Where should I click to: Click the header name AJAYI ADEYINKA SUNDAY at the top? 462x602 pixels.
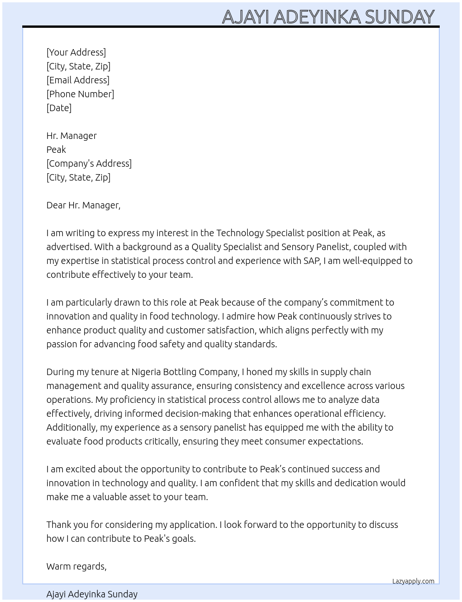coord(328,17)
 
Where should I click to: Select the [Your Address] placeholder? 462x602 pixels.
coord(76,52)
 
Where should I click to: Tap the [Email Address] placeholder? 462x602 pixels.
coord(78,80)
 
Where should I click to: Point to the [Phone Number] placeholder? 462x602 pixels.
coord(80,94)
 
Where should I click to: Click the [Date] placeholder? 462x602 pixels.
coord(59,108)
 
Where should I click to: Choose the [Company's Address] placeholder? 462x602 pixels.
coord(89,163)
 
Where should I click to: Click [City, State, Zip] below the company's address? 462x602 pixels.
coord(78,177)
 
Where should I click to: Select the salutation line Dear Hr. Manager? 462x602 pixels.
coord(83,205)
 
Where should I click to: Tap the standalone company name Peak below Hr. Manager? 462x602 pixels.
coord(56,150)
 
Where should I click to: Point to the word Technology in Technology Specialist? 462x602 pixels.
coord(240,233)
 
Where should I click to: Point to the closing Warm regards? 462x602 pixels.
coord(77,566)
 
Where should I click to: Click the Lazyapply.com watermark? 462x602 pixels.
coord(413,581)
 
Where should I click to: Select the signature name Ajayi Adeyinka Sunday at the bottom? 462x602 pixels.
coord(92,594)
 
